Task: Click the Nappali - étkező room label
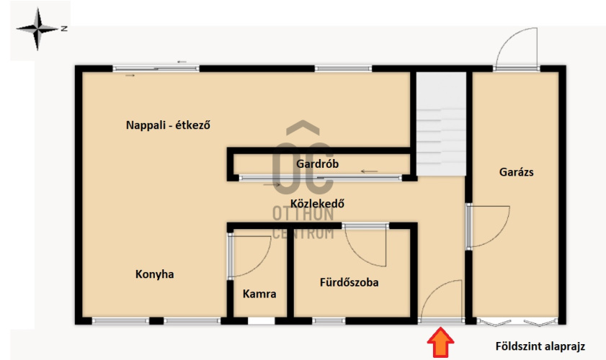[168, 125]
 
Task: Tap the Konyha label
[155, 274]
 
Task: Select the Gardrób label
[317, 163]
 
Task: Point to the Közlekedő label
[317, 204]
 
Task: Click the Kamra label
[259, 294]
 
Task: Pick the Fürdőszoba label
[349, 282]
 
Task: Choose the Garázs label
[517, 172]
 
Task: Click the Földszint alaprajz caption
[540, 346]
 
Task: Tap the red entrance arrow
[440, 342]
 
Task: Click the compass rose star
[37, 29]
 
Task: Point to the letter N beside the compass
[64, 29]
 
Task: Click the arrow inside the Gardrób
[369, 171]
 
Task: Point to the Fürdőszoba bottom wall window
[329, 320]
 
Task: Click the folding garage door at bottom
[517, 322]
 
